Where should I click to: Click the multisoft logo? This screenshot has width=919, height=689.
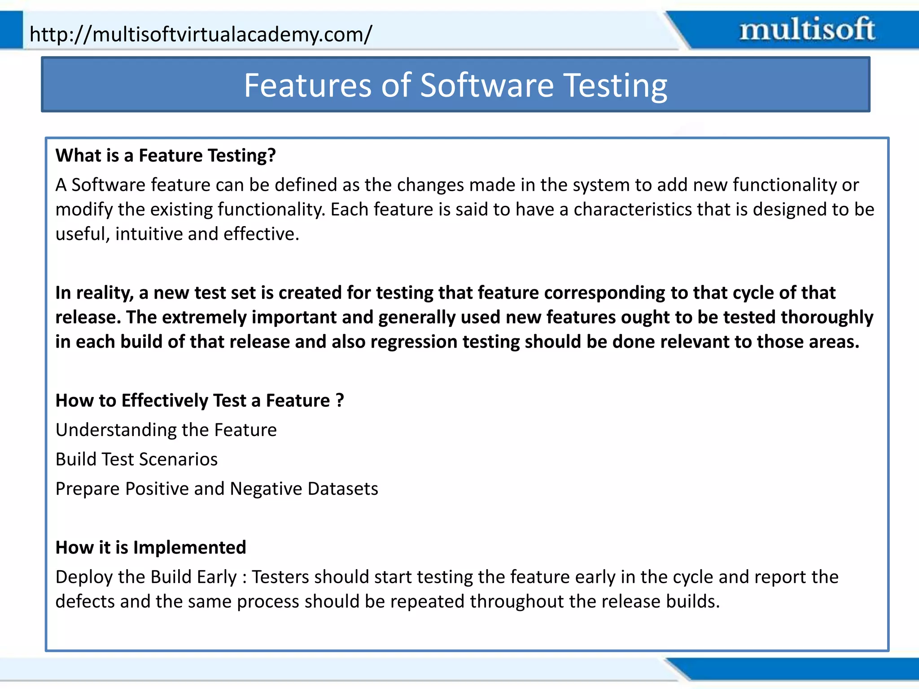(x=807, y=30)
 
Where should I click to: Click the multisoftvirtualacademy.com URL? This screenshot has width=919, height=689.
(x=201, y=35)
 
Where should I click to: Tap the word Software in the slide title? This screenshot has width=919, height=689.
(x=487, y=85)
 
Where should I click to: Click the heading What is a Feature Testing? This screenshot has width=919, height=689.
(x=166, y=156)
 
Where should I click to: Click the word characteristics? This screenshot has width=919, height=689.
(x=633, y=209)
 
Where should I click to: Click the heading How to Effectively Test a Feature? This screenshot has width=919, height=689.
(x=200, y=401)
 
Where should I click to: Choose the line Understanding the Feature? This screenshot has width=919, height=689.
(x=166, y=430)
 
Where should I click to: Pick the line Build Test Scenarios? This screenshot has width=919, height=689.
(x=136, y=459)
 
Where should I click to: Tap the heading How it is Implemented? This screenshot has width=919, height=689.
(x=151, y=548)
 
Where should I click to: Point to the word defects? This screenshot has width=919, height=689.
(x=85, y=602)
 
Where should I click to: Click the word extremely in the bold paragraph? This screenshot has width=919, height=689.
(x=204, y=317)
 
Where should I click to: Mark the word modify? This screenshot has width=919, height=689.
(x=83, y=210)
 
